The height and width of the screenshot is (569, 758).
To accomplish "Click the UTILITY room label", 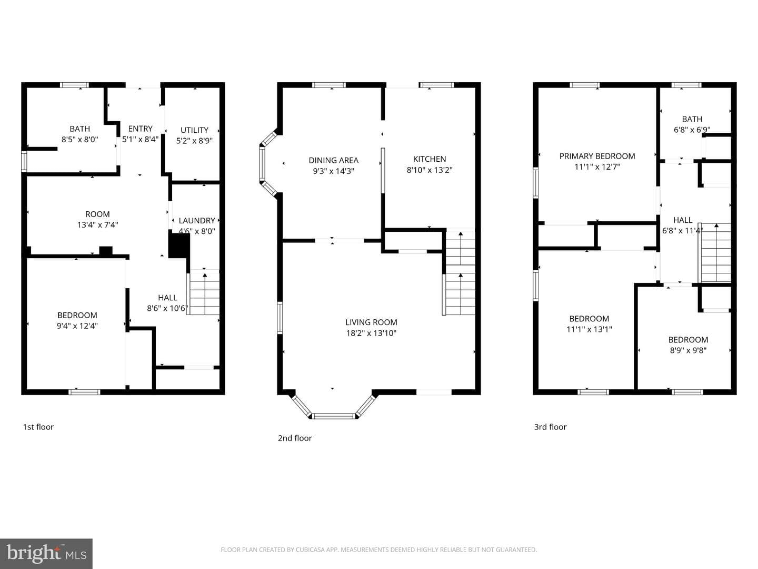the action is click(x=194, y=130).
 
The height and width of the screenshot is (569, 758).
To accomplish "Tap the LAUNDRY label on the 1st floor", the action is click(x=197, y=220).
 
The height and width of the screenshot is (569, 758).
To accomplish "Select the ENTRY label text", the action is click(x=140, y=129).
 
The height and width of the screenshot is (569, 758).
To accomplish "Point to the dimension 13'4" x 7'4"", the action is click(x=98, y=225).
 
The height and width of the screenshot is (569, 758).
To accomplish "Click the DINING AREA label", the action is click(x=334, y=160).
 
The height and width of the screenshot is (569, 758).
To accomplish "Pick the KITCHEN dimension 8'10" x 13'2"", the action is click(x=430, y=170).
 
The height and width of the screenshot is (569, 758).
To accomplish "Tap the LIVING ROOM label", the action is click(x=371, y=322).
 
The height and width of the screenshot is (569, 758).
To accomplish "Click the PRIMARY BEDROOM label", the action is click(x=597, y=156).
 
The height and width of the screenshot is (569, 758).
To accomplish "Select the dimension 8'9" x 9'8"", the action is click(x=688, y=350).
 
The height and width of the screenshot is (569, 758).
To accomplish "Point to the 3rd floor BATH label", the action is click(x=692, y=119).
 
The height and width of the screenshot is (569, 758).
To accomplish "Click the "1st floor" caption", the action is click(x=38, y=427).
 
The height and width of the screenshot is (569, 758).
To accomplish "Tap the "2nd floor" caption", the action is click(x=295, y=438).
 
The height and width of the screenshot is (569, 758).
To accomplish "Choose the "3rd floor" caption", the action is click(x=551, y=427).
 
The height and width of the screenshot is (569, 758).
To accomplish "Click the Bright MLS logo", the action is click(x=46, y=553).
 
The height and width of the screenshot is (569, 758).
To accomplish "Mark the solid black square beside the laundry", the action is click(x=179, y=246).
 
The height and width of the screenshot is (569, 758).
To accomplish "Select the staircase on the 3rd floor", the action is click(x=715, y=253).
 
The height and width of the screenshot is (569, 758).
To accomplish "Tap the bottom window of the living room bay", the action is click(x=334, y=416).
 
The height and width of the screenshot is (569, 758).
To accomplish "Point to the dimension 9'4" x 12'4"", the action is click(x=77, y=326).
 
